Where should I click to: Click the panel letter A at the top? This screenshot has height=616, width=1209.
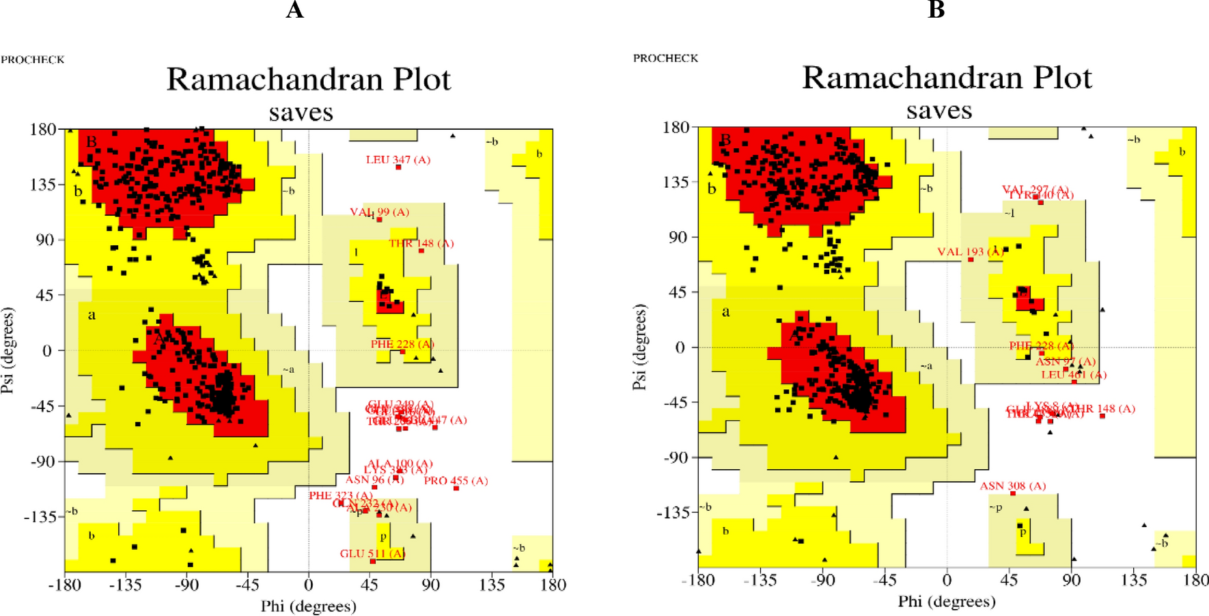294,10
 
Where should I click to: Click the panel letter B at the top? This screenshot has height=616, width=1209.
936,10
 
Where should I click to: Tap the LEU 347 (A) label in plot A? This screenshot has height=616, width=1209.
398,160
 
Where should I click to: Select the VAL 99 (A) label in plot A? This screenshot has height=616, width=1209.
380,212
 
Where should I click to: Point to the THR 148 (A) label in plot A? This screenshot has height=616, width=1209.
421,244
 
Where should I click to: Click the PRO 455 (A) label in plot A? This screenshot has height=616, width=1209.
456,481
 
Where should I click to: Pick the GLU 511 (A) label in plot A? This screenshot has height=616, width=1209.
373,553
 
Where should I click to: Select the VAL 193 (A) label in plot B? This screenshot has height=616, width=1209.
970,252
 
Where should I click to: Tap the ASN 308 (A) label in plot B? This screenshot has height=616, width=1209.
1013,486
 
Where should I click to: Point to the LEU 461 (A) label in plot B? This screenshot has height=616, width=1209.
1074,375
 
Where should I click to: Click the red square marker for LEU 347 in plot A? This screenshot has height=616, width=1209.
399,167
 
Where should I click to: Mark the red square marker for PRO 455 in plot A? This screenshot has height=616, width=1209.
456,488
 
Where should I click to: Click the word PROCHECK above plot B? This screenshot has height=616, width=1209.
665,59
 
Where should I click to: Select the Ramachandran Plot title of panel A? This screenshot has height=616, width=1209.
309,80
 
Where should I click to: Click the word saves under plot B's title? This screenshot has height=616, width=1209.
939,111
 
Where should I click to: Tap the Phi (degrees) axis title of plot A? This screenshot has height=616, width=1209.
309,606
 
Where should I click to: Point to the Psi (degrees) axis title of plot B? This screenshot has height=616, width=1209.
639,347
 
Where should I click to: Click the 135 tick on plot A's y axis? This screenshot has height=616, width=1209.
43,184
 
